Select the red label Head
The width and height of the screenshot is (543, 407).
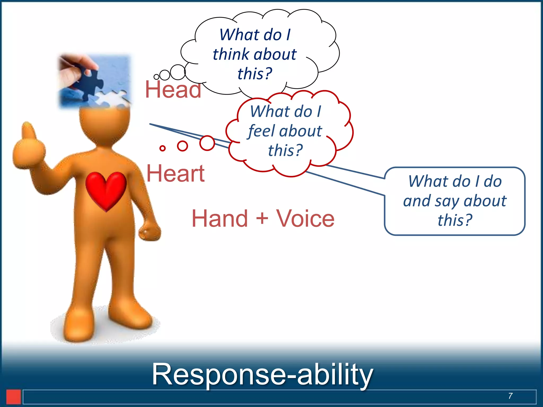coord(173,90)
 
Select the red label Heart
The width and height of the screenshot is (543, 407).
coord(175,173)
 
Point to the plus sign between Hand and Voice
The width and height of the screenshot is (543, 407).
coord(262,218)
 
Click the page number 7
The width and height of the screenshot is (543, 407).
coord(510,396)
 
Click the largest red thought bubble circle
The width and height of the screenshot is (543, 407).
coord(207,143)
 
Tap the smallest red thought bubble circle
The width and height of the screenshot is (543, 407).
coord(163,148)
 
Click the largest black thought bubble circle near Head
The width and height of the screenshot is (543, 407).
coord(178,72)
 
